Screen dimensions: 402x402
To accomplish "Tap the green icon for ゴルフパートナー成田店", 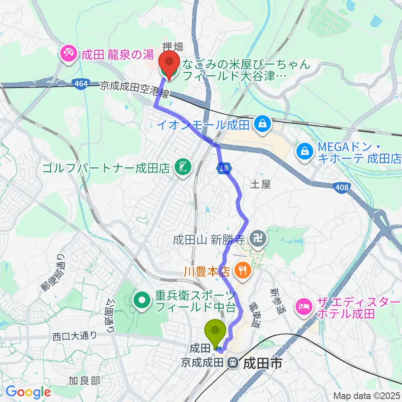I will tap(183, 168).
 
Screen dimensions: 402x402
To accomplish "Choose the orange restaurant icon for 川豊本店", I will tap(242, 271).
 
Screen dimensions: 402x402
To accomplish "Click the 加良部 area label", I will tap(85, 381).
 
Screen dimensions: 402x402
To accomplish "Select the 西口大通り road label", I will tap(75, 335).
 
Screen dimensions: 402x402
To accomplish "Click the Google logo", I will tap(28, 392).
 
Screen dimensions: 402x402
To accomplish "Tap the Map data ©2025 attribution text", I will tap(367, 396).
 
